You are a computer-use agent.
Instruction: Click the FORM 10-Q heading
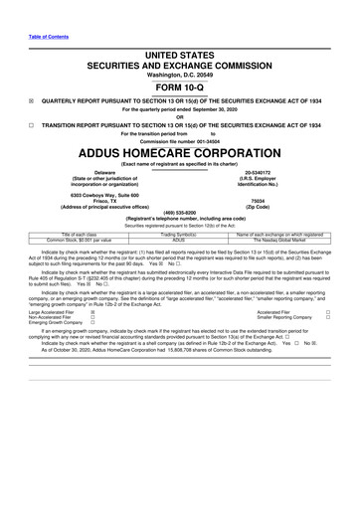point(179,84)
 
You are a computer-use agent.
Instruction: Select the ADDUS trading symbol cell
point(180,240)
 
